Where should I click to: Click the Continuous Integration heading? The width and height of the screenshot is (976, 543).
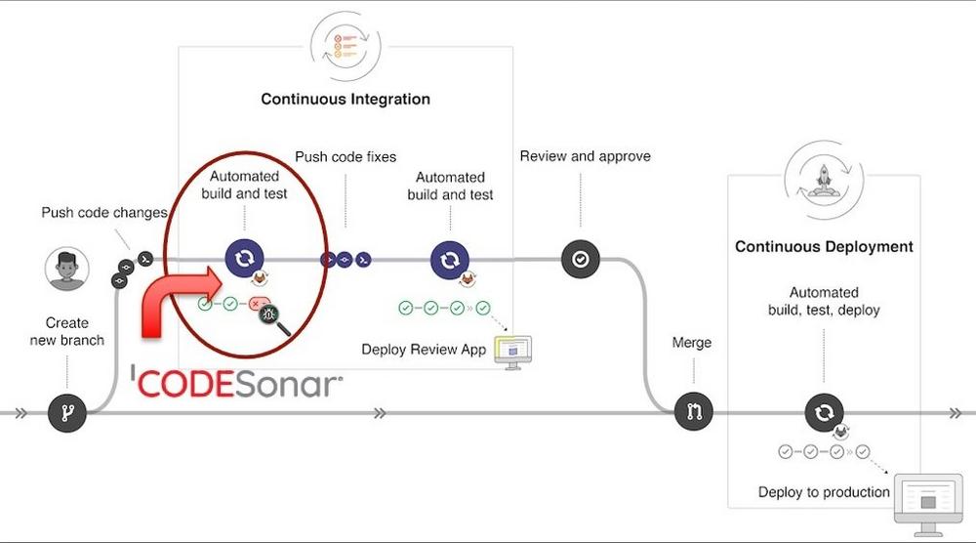pyautogui.click(x=346, y=99)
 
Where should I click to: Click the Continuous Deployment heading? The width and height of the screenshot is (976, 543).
pyautogui.click(x=824, y=246)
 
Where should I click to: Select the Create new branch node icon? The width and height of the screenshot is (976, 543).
pyautogui.click(x=67, y=413)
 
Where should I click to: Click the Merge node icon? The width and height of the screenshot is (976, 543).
pyautogui.click(x=694, y=412)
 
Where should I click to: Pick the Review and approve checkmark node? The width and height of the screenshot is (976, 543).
pyautogui.click(x=580, y=260)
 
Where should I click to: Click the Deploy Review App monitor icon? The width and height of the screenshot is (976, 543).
pyautogui.click(x=514, y=351)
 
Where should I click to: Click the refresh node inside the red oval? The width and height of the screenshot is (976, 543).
pyautogui.click(x=244, y=259)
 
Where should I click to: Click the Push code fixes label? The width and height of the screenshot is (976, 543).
pyautogui.click(x=346, y=157)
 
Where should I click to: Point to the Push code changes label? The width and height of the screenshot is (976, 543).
pyautogui.click(x=104, y=212)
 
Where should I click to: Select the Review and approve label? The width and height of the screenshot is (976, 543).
pyautogui.click(x=585, y=156)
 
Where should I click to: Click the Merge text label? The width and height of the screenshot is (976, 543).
pyautogui.click(x=692, y=343)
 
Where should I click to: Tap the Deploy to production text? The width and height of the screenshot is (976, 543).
pyautogui.click(x=824, y=492)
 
